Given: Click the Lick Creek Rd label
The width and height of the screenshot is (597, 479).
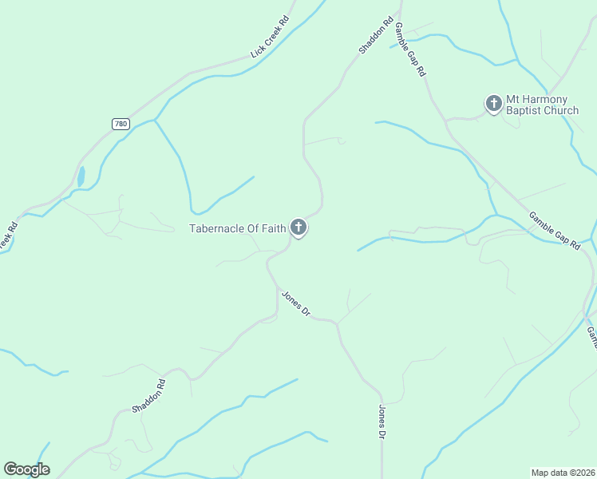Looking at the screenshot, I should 269,38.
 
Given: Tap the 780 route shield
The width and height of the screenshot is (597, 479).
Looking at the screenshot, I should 121,124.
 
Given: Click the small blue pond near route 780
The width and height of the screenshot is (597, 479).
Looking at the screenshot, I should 81,176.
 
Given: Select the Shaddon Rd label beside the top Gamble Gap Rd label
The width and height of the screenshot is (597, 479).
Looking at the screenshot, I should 376,36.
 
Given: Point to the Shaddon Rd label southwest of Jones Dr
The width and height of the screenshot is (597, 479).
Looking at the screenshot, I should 149,395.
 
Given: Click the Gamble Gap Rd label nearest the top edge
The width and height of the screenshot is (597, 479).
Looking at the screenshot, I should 410,49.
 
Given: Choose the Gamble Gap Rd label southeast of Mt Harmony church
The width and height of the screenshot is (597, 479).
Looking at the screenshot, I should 553,231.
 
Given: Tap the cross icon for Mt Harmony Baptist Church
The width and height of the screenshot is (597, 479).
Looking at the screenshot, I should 493,104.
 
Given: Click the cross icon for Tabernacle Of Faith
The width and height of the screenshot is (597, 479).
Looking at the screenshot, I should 298,228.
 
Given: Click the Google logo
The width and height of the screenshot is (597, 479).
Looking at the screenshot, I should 26,469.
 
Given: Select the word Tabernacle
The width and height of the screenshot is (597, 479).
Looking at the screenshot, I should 215,229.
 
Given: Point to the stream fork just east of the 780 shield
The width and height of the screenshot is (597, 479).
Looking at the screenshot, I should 155,121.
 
